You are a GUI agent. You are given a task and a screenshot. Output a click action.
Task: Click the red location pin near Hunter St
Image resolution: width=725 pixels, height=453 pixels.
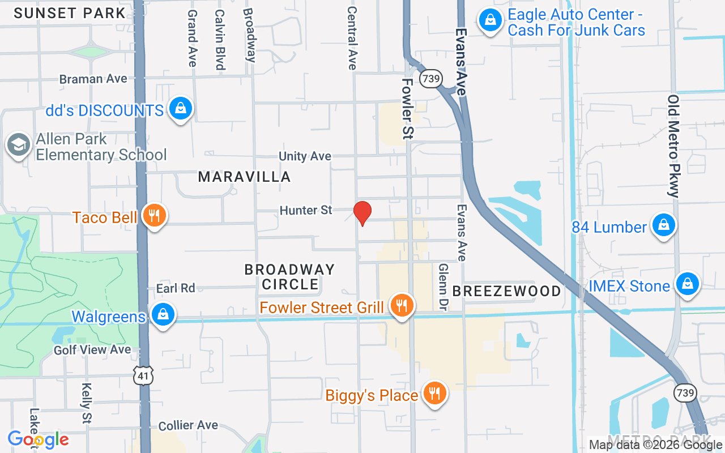tap(362, 213)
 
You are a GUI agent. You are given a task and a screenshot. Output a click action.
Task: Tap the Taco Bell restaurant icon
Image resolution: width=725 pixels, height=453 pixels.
tap(154, 216)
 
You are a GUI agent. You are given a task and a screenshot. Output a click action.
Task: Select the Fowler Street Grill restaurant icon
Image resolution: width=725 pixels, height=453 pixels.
tap(402, 306)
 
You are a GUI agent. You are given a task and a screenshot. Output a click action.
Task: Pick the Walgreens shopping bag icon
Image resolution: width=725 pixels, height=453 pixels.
tap(163, 314)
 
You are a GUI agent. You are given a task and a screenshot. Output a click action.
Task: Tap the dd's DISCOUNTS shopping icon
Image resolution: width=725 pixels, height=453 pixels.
tap(181, 108)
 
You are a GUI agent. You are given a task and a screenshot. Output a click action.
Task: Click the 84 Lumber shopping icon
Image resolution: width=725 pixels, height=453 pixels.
tap(663, 226)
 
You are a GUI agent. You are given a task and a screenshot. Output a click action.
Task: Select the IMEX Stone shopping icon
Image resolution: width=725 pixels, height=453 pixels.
tap(688, 284)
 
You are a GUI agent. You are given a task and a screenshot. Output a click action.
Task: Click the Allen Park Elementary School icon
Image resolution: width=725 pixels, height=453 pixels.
tap(19, 146)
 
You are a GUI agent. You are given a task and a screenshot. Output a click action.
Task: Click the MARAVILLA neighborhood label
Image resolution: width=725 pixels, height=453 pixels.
tap(244, 177)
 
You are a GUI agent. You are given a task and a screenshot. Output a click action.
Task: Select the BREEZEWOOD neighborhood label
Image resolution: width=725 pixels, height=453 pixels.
tap(506, 291)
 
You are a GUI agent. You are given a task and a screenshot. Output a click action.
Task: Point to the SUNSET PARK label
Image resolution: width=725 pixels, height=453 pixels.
tap(69, 13)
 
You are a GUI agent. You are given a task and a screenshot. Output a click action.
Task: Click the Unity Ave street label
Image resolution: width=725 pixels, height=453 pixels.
tap(305, 156)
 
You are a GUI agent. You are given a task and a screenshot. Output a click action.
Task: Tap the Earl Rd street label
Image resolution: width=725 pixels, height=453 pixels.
tap(176, 288)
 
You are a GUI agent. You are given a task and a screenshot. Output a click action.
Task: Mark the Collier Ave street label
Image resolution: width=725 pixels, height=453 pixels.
tap(188, 425)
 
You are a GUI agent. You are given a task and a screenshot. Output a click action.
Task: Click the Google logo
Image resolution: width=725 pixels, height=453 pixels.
tap(39, 439)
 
